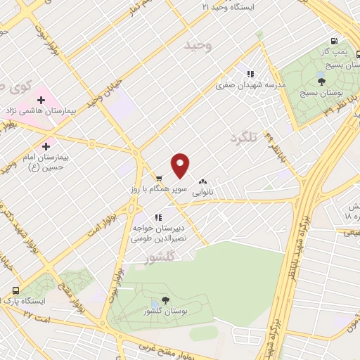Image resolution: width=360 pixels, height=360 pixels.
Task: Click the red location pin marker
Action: click(181, 166)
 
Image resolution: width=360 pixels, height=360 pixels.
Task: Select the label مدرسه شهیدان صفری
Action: click(252, 84)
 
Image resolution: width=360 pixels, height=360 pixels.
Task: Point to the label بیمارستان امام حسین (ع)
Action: click(52, 162)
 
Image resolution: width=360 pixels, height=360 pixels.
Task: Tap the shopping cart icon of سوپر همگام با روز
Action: click(160, 178)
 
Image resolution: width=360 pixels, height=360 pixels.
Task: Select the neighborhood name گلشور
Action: click(157, 258)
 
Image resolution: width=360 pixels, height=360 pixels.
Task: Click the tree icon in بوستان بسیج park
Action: click(321, 81)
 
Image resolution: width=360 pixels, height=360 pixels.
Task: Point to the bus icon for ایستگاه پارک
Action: click(15, 290)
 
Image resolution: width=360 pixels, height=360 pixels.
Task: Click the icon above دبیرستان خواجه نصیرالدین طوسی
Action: click(157, 217)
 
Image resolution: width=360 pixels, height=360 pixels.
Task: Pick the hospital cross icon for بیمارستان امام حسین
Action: click(46, 146)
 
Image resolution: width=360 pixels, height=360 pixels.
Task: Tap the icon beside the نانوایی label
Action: click(204, 181)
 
